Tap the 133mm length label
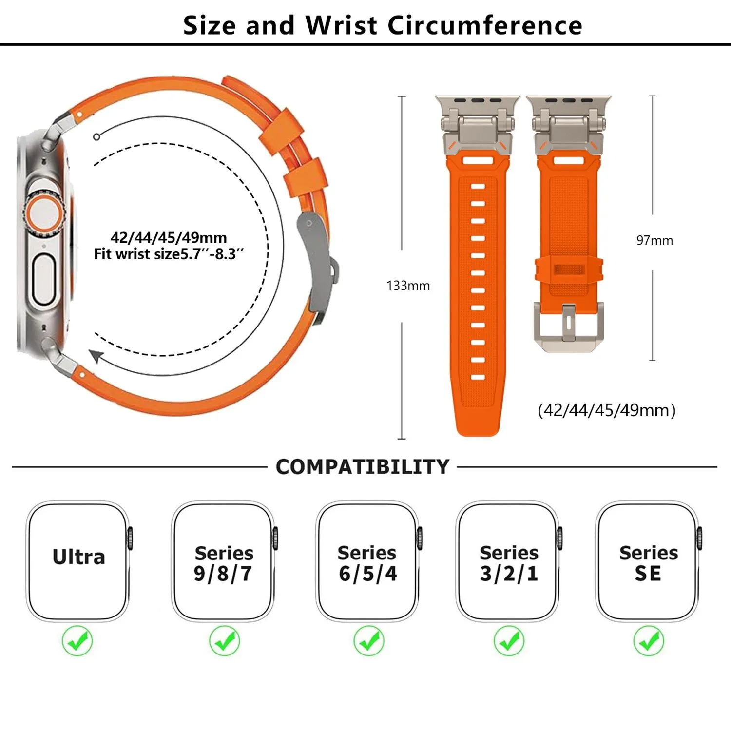tap(408, 286)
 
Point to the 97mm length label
tap(654, 240)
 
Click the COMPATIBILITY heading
tap(362, 467)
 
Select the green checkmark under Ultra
tap(77, 641)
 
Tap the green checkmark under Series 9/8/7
tap(224, 641)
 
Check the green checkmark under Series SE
tap(649, 641)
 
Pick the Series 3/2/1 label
tap(509, 563)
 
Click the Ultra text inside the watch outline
tap(78, 557)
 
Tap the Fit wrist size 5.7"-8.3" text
tap(169, 254)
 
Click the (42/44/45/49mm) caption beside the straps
tap(606, 410)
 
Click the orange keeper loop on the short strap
tap(569, 270)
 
